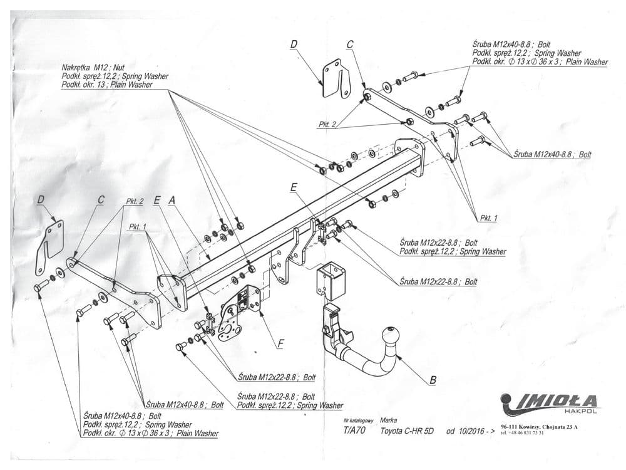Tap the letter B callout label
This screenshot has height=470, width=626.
click(x=433, y=379)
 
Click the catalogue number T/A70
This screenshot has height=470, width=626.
click(x=355, y=431)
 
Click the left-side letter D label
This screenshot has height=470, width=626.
click(x=41, y=201)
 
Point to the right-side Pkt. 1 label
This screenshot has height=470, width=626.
click(x=487, y=217)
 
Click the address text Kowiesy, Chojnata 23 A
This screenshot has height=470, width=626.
click(x=550, y=426)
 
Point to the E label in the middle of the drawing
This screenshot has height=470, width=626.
click(x=294, y=187)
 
